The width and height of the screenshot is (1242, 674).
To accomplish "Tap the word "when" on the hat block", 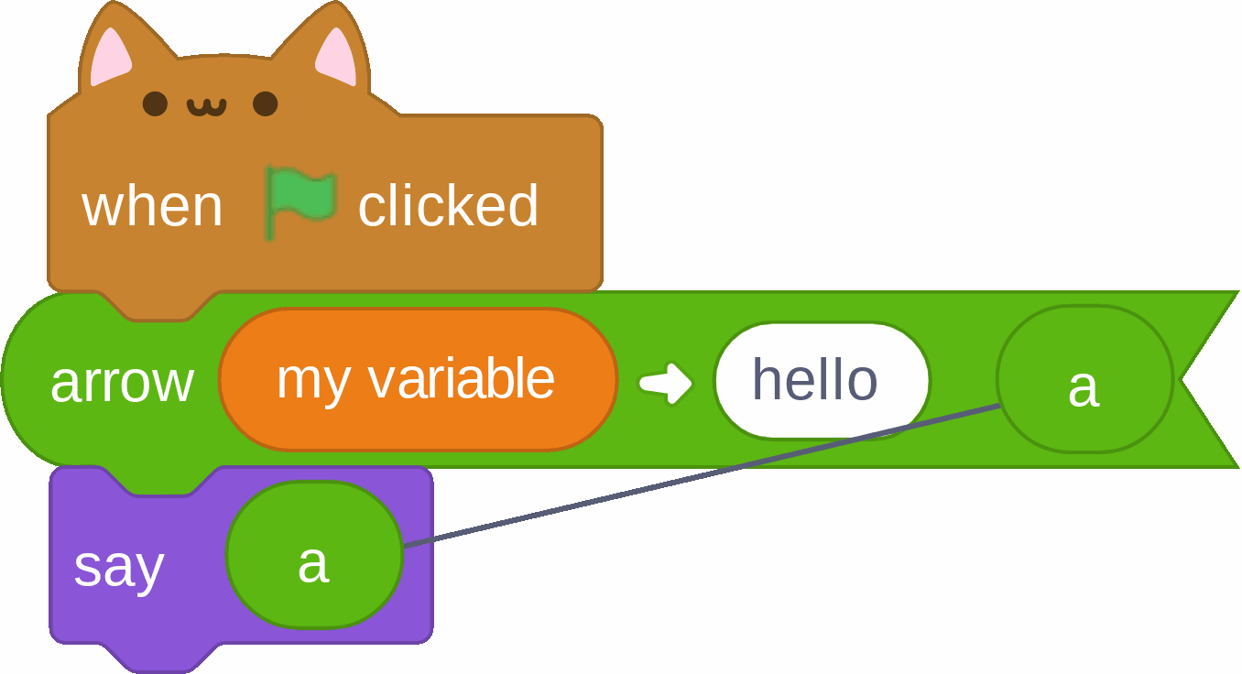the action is point(152,207).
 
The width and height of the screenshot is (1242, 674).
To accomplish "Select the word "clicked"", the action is point(448,205).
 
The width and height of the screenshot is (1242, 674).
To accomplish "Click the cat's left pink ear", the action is point(111,57).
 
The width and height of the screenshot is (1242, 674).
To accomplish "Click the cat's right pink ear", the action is point(336,57).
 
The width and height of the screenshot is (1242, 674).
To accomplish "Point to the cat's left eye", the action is point(156,103).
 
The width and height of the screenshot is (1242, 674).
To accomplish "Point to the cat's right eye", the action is point(265,103).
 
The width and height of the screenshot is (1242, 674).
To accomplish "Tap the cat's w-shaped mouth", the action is point(207,107).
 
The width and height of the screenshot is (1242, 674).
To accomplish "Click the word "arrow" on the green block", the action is point(122,383).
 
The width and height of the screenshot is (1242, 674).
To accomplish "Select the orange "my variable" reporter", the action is point(418,379).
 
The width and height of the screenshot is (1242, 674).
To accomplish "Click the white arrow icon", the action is point(665,383).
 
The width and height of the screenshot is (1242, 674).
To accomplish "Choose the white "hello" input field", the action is point(823,380).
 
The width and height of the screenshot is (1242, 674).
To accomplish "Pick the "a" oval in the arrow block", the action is point(1084,379).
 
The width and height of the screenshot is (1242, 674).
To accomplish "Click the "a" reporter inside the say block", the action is point(314,555).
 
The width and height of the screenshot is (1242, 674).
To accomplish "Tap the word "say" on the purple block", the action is point(119,568).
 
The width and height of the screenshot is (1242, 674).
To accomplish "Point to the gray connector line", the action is point(702,476).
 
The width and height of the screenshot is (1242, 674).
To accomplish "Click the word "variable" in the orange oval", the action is point(462,378).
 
